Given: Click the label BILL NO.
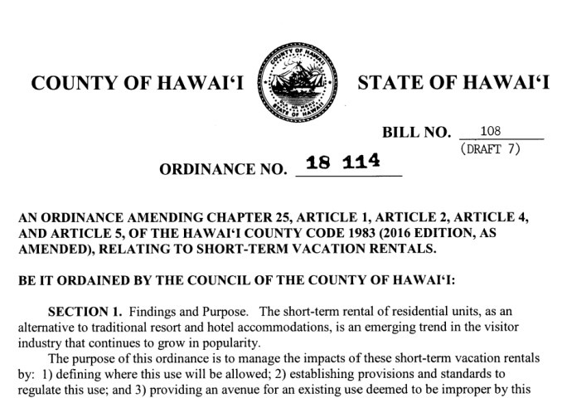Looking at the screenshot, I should [416, 133].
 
